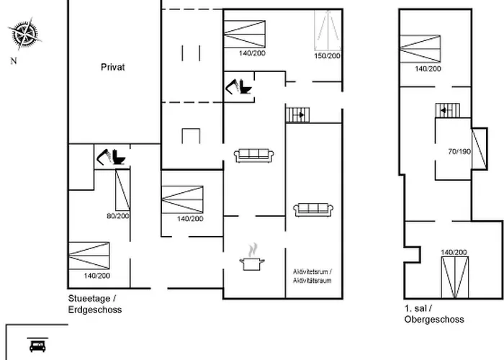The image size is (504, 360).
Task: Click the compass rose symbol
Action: [24, 32]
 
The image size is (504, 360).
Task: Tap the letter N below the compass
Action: [13, 61]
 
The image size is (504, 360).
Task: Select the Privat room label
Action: [113, 67]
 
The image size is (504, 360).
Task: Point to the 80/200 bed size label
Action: [117, 215]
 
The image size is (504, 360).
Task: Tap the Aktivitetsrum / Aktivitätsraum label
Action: [312, 276]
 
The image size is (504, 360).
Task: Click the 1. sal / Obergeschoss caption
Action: [434, 314]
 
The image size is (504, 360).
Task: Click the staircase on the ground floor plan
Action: [297, 114]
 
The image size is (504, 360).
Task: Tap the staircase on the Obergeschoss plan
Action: [446, 109]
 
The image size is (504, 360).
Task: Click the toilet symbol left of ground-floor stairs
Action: [238, 86]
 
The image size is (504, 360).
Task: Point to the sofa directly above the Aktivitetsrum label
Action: [312, 210]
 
